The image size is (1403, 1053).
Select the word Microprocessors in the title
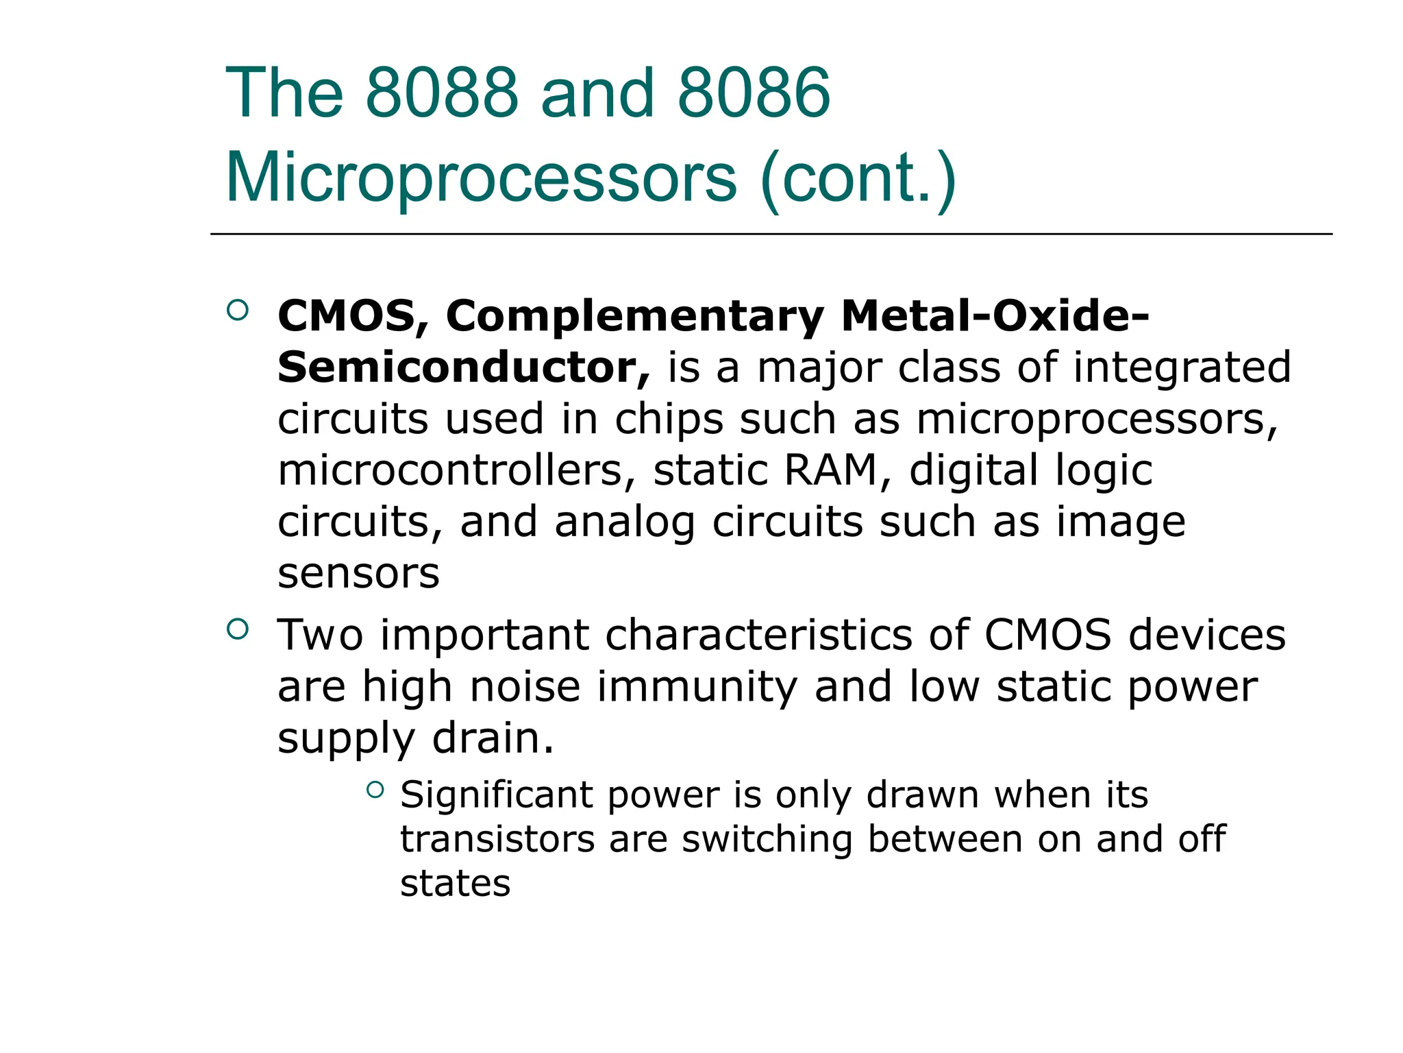481,178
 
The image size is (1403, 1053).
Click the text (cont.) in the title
858,178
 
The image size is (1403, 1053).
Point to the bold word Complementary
634,316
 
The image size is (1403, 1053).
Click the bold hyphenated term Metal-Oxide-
995,316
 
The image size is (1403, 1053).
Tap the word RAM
831,470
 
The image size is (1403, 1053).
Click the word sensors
358,573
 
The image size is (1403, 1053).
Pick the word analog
625,522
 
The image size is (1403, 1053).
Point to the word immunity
697,687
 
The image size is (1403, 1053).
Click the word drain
493,738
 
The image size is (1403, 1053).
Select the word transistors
497,839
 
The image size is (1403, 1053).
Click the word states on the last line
455,883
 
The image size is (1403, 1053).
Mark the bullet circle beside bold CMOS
237,311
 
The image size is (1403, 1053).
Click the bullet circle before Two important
237,629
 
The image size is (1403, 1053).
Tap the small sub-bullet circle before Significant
375,790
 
